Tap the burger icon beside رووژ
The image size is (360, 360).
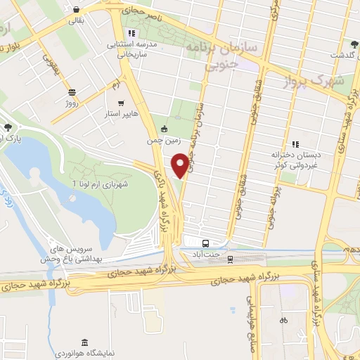pyautogui.click(x=72, y=92)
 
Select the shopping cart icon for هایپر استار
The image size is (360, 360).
pyautogui.click(x=120, y=102)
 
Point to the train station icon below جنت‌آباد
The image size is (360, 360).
pyautogui.click(x=230, y=259)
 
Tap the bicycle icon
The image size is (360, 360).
pyautogui.click(x=283, y=320)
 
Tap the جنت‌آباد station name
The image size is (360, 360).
pyautogui.click(x=208, y=256)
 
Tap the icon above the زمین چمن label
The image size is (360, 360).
pyautogui.click(x=164, y=129)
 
